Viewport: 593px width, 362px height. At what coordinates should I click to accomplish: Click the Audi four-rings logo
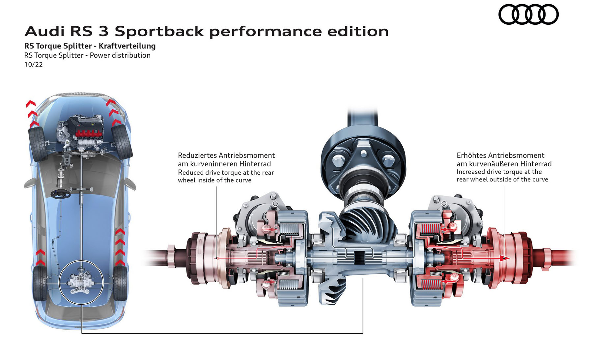(x=528, y=14)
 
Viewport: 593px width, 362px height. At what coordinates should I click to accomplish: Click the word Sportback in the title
(x=159, y=32)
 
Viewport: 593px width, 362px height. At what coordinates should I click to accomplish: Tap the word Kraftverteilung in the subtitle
(x=127, y=46)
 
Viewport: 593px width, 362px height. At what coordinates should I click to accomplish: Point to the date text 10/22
(x=34, y=65)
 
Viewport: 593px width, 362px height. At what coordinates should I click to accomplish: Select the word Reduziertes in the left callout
(x=197, y=155)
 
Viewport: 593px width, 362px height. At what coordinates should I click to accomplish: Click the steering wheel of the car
(x=60, y=194)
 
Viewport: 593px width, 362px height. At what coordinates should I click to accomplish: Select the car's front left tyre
(x=37, y=144)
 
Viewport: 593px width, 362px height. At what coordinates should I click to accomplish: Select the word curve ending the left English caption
(x=243, y=181)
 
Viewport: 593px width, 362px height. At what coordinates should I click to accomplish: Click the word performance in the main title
(x=265, y=32)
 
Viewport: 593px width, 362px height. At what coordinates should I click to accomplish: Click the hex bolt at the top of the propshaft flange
(x=363, y=153)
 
